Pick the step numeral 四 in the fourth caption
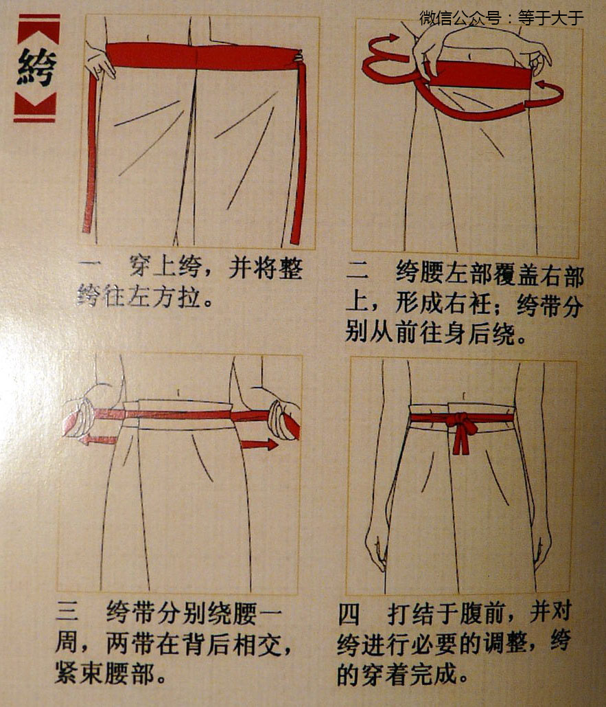coord(349,614)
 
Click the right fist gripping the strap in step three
coord(283,419)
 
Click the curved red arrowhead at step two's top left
coord(393,38)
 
